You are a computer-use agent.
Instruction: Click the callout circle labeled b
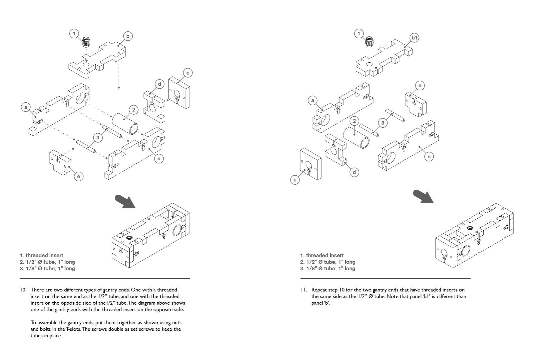128,36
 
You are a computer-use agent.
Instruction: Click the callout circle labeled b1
414,38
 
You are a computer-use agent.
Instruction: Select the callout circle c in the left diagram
188,73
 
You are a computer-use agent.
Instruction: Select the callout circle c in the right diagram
295,180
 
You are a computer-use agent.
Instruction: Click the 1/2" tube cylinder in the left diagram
125,123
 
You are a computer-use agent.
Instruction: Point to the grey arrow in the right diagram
423,196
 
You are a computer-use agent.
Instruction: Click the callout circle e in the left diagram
79,176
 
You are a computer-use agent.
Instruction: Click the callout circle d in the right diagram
354,172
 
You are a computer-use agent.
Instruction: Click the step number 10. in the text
23,290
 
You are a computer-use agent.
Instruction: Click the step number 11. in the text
304,290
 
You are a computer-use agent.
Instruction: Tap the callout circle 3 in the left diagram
98,137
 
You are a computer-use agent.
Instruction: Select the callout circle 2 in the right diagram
354,121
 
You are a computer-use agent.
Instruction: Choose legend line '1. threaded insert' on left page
42,255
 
